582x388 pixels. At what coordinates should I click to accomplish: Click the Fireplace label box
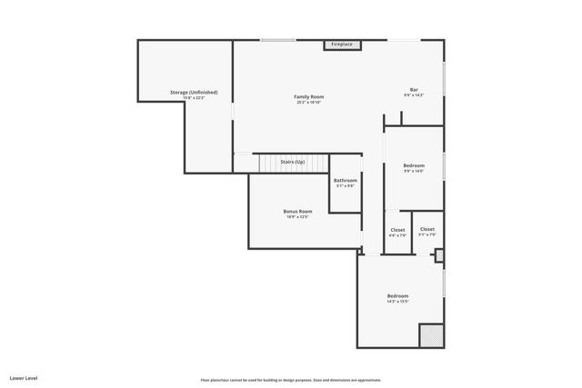tap(342, 44)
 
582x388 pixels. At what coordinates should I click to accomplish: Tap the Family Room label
tap(308, 96)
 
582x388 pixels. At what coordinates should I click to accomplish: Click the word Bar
tap(414, 89)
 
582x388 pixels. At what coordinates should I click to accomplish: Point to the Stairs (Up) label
tap(292, 162)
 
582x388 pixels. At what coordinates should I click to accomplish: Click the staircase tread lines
tap(274, 164)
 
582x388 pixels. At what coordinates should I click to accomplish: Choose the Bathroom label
tap(346, 180)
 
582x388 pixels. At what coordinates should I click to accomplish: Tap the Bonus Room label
tap(297, 211)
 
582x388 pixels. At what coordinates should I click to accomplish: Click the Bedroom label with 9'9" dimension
tap(414, 165)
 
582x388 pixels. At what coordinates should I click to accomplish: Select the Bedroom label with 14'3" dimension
tap(398, 296)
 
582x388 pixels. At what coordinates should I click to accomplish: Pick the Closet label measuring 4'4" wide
tap(397, 230)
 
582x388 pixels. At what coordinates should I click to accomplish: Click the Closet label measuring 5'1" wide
tap(426, 229)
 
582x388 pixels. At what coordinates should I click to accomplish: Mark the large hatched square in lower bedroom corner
tap(431, 335)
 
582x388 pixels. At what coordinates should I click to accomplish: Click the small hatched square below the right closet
tap(439, 256)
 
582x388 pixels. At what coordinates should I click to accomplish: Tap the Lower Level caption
tap(24, 377)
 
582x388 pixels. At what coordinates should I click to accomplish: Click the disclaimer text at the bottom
tap(291, 380)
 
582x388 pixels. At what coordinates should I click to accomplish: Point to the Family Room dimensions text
tap(308, 102)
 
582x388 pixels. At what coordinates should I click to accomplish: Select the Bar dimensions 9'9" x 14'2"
tap(414, 95)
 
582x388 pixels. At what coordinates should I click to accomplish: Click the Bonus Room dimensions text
tap(297, 217)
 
